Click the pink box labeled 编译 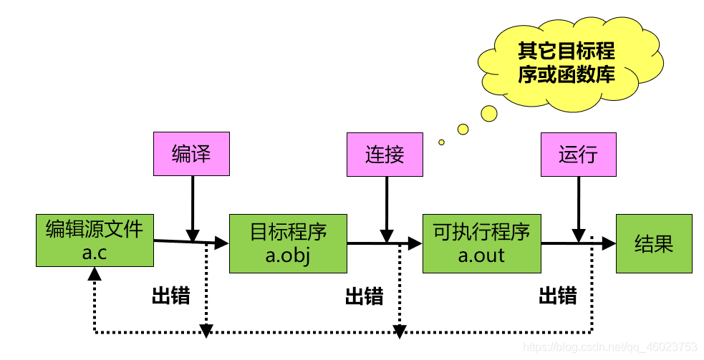click(x=191, y=153)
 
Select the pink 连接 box click(x=385, y=155)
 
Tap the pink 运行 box click(x=578, y=155)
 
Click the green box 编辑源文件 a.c click(x=95, y=240)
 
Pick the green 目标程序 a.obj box click(x=288, y=244)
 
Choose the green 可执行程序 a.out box click(x=482, y=244)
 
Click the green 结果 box click(x=654, y=244)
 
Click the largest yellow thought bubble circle click(x=489, y=114)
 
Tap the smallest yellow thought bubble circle click(x=441, y=142)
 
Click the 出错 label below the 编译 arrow click(x=171, y=296)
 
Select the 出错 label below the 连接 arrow click(x=364, y=296)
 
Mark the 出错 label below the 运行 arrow click(x=558, y=296)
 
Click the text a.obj click(x=288, y=256)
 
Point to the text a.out click(x=481, y=256)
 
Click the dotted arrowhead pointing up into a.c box click(x=95, y=273)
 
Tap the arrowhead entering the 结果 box click(x=609, y=244)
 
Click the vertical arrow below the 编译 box click(x=193, y=209)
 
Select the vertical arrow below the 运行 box click(x=579, y=210)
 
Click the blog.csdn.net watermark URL click(x=610, y=347)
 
